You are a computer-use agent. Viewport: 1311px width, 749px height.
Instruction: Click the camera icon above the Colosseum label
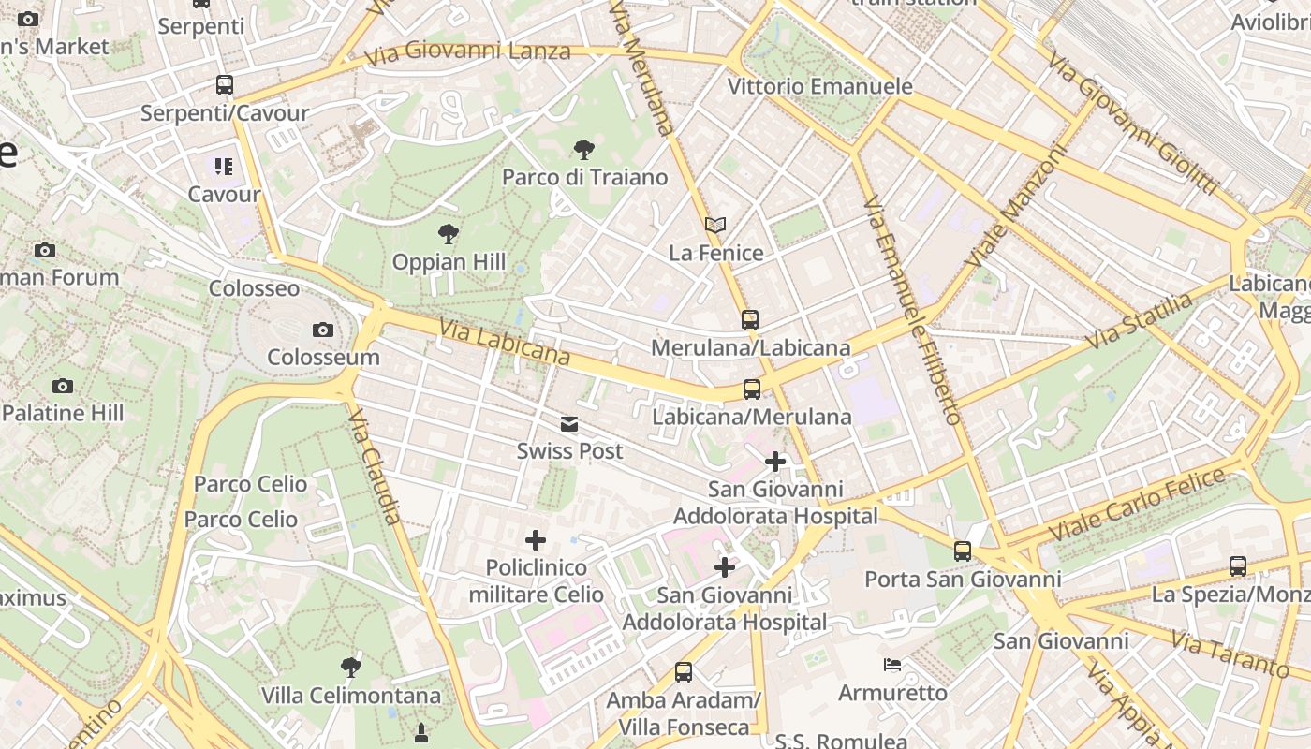(323, 330)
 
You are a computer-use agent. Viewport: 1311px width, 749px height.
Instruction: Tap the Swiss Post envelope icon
(569, 424)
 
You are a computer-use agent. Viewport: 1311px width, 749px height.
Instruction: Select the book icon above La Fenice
(715, 226)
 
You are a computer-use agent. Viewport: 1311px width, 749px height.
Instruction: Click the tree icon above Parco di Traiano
(584, 149)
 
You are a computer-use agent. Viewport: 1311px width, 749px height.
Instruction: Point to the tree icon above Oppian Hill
(449, 233)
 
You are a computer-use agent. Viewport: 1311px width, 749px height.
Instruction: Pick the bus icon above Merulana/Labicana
(750, 320)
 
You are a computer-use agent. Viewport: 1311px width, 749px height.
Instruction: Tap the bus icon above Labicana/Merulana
(751, 389)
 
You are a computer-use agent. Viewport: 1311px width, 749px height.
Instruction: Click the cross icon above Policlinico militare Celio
(536, 540)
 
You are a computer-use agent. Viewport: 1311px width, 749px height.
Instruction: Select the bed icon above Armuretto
(893, 665)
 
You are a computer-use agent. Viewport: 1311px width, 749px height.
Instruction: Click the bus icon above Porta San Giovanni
(963, 551)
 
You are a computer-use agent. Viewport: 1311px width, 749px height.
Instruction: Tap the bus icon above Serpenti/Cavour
(225, 85)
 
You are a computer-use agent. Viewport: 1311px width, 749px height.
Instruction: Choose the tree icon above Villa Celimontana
(351, 668)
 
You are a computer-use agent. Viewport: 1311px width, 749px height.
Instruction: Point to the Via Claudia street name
(376, 465)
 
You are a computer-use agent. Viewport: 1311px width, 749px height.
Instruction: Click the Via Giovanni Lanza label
(467, 52)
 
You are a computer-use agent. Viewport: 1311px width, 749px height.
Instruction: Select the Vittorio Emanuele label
(820, 87)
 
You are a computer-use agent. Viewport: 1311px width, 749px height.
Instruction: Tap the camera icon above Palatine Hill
(63, 386)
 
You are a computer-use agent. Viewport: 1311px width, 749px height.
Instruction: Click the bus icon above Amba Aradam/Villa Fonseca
(684, 672)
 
